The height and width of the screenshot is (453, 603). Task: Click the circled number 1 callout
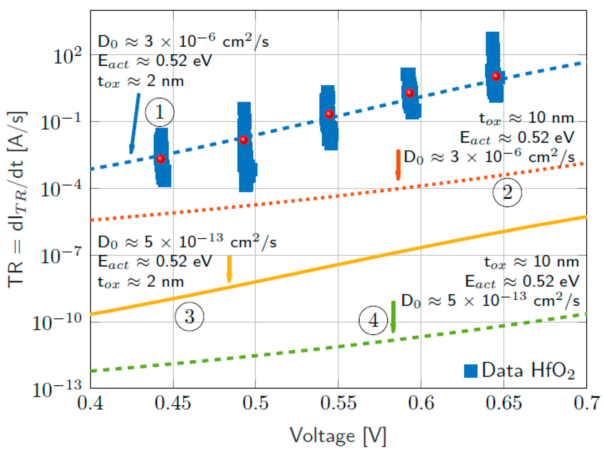(159, 112)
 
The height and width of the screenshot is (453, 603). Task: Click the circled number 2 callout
(507, 193)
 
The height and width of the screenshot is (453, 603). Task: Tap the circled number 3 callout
(189, 317)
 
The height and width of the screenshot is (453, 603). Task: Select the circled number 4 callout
(373, 321)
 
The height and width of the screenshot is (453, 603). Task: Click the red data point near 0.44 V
(160, 159)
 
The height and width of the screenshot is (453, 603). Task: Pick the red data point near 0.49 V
(244, 140)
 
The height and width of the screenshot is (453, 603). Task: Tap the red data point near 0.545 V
(329, 114)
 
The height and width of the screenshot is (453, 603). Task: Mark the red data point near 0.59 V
(410, 93)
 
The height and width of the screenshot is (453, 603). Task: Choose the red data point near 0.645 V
(496, 76)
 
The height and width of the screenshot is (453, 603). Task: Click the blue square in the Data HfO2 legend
(471, 371)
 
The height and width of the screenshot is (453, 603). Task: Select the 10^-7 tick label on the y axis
(61, 256)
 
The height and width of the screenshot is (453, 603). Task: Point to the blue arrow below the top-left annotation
(135, 122)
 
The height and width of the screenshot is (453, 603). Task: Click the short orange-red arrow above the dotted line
(398, 165)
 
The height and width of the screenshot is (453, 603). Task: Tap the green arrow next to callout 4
(393, 316)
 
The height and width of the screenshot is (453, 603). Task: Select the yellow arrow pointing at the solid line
(229, 269)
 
